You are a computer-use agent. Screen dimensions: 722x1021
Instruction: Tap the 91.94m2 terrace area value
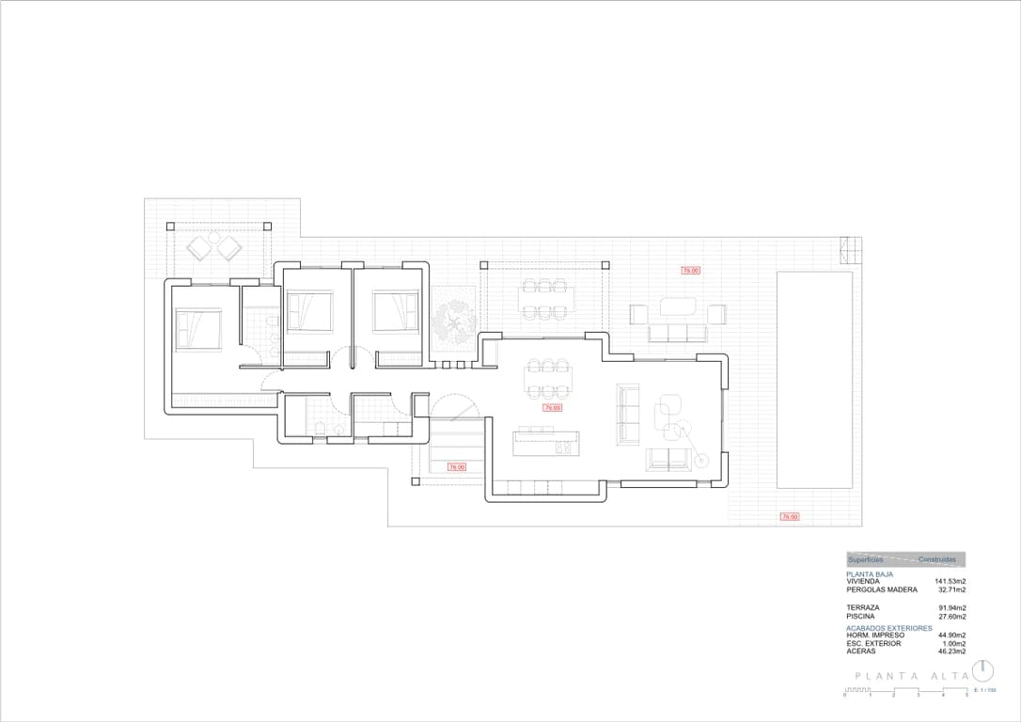click(952, 608)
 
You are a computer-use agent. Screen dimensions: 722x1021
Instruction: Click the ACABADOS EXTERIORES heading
click(888, 627)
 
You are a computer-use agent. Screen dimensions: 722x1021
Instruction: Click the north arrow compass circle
click(983, 670)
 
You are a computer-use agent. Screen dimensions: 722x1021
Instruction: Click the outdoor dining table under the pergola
click(544, 297)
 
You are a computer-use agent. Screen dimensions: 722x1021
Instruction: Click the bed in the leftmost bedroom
click(197, 328)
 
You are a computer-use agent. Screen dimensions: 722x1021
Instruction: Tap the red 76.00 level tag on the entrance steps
click(456, 466)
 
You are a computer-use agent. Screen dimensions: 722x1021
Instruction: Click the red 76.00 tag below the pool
click(788, 516)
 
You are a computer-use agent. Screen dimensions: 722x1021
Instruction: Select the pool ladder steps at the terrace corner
click(850, 251)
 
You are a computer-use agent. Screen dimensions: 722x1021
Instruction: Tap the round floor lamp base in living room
click(700, 460)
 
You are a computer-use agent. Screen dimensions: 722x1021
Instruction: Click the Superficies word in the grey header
click(866, 559)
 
